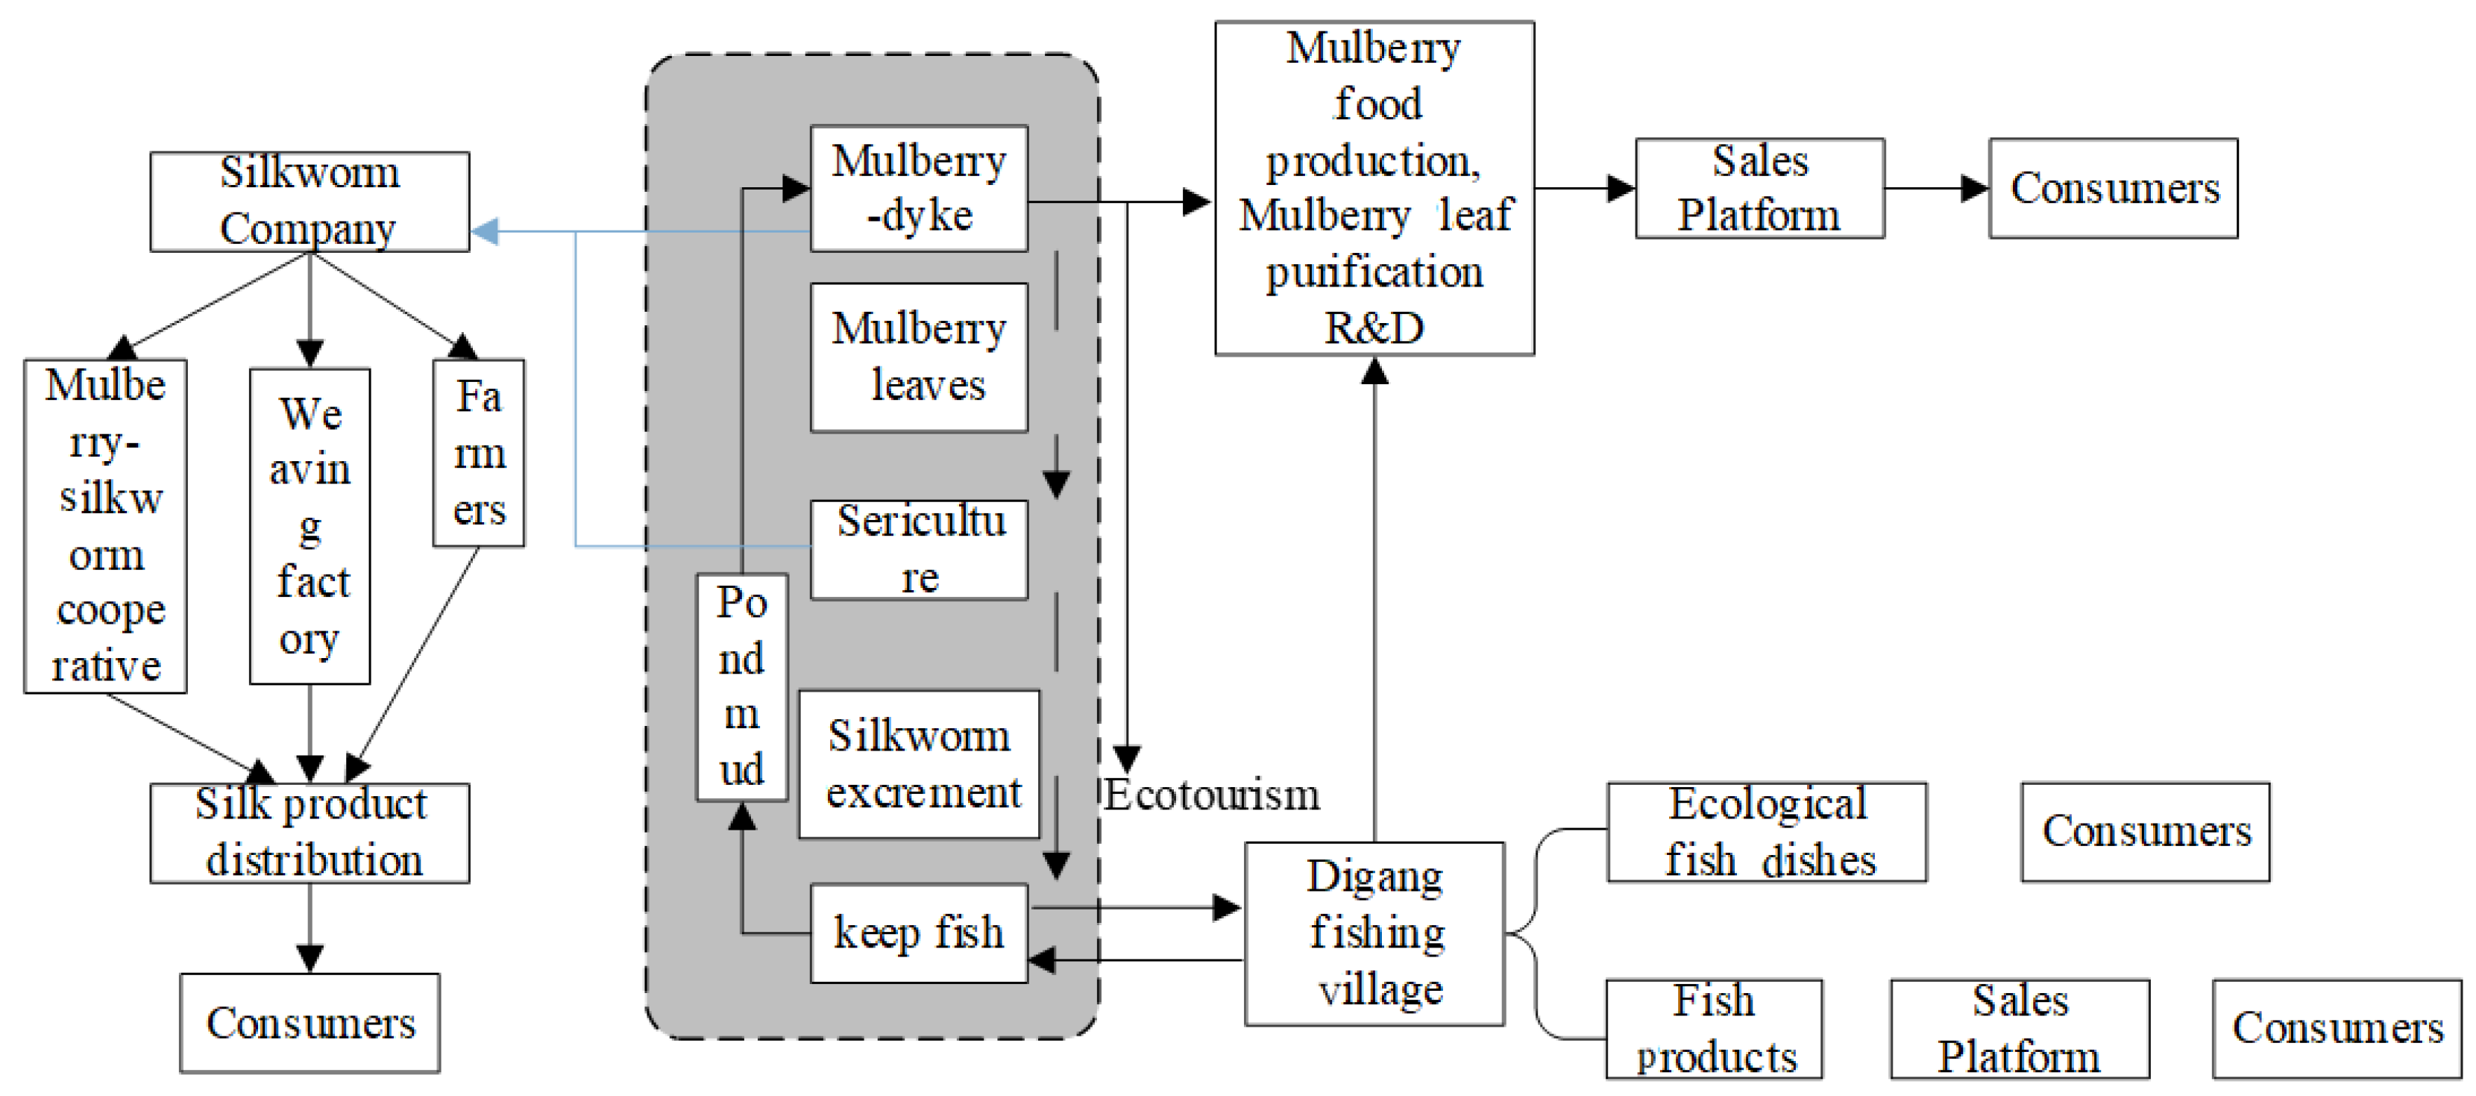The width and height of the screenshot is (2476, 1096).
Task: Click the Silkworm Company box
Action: coord(309,202)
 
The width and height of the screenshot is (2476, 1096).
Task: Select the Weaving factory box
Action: coord(309,526)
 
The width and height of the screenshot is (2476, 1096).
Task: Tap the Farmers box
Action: coord(479,453)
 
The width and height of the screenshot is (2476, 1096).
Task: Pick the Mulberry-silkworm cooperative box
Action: coord(106,526)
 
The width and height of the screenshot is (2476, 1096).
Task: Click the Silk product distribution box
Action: coord(309,833)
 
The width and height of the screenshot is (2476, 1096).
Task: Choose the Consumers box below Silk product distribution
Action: coord(309,1023)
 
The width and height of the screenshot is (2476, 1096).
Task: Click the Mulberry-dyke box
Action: coord(919,189)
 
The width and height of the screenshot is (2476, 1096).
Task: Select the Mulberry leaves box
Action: coord(919,357)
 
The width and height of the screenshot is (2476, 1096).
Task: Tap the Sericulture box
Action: coord(919,550)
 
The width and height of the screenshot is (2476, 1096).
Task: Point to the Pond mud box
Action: coord(742,687)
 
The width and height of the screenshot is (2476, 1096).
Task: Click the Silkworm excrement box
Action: coord(919,764)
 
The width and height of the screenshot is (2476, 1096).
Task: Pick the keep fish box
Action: coord(919,933)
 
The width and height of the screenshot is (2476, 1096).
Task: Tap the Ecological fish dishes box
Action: coord(1767,833)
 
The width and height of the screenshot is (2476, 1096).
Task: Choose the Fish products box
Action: coord(1714,1029)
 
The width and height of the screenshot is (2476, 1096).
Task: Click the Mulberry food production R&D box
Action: coord(1374,189)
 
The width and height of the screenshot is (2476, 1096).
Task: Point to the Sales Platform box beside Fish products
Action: coord(2020,1029)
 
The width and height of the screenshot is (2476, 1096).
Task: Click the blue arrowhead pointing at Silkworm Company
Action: coord(485,231)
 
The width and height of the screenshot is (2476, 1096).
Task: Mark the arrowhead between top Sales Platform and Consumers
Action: coord(1974,189)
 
